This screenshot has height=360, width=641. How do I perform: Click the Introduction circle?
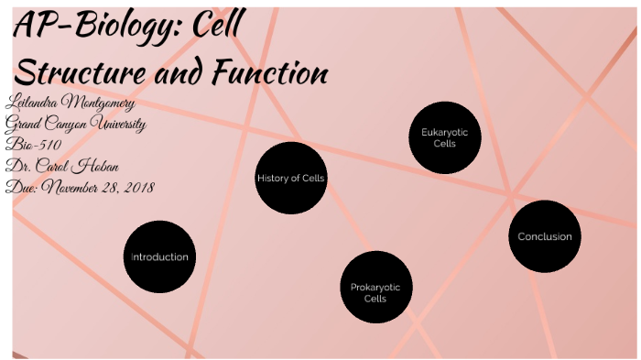(159, 256)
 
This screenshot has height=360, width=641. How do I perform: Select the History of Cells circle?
(291, 178)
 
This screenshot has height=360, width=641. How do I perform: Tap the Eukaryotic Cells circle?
(444, 137)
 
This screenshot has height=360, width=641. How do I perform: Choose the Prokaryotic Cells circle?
(375, 287)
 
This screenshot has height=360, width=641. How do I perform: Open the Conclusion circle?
(545, 236)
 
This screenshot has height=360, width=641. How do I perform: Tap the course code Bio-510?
(33, 145)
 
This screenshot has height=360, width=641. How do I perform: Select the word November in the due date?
(78, 187)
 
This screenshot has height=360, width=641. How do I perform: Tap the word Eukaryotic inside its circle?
(444, 132)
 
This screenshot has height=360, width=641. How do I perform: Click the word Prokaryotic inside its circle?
(375, 288)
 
